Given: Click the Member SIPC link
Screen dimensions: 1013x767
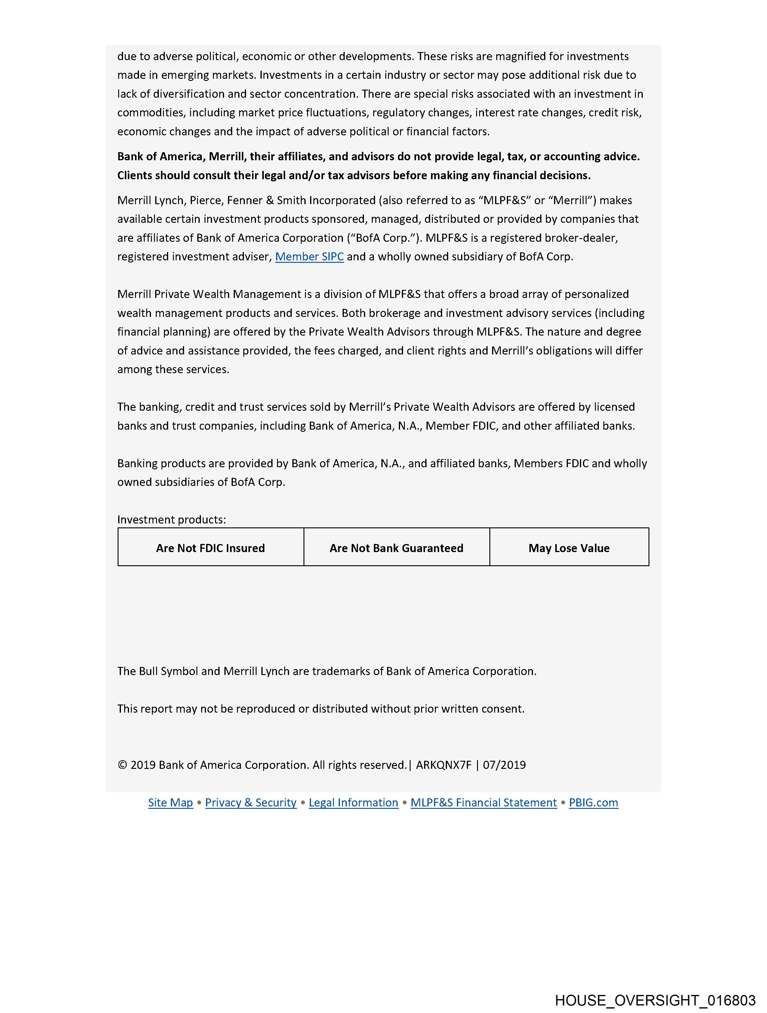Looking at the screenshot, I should pos(309,257).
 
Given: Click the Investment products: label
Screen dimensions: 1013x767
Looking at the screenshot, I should pos(171,520).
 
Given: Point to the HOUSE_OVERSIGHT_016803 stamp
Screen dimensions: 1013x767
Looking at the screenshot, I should pos(655,1000).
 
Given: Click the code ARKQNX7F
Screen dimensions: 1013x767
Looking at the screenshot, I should pos(444,765).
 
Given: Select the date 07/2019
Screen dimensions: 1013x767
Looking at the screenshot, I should pos(504,765).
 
